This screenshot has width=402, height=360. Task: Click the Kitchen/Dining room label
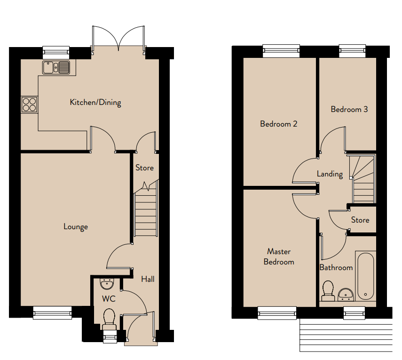coord(95,103)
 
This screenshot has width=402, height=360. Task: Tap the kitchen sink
coord(56,67)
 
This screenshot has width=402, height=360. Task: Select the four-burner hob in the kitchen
coord(29,104)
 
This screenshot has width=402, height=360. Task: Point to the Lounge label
coord(76,227)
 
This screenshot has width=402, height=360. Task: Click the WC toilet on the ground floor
coord(109,319)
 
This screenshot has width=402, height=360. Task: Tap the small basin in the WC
coord(106,284)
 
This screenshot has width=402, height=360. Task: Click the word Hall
coord(148,279)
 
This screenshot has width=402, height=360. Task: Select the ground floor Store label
coord(145,168)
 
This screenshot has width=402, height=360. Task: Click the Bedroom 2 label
coord(279,124)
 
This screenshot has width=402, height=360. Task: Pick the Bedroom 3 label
coord(349,109)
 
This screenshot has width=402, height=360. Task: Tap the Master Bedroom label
coord(279,256)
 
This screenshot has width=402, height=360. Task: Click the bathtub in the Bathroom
coord(365,276)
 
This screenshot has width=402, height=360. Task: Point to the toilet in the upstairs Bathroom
coord(328,291)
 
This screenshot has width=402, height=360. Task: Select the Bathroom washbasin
coord(346,295)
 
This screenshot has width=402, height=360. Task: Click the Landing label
coord(330,174)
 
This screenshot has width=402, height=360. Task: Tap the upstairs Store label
coord(360,220)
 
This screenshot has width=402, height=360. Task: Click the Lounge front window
coord(52,312)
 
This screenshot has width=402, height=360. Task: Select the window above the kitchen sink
coord(56,53)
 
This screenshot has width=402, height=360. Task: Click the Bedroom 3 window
coord(352,51)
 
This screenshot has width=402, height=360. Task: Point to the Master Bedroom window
coord(277,313)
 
